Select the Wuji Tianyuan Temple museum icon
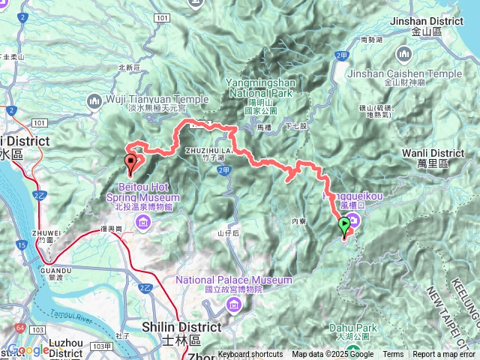[94, 100]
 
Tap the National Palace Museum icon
[232, 304]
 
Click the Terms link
[393, 355]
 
